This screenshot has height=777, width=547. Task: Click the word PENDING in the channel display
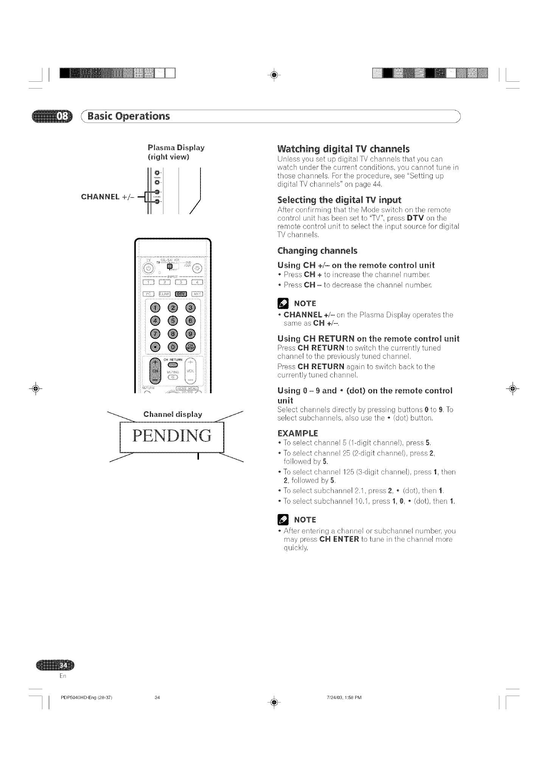coord(172,436)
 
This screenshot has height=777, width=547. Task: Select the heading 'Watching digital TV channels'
coord(343,148)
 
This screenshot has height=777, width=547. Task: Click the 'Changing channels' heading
coord(317,251)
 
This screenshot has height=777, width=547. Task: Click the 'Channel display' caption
coord(172,414)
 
